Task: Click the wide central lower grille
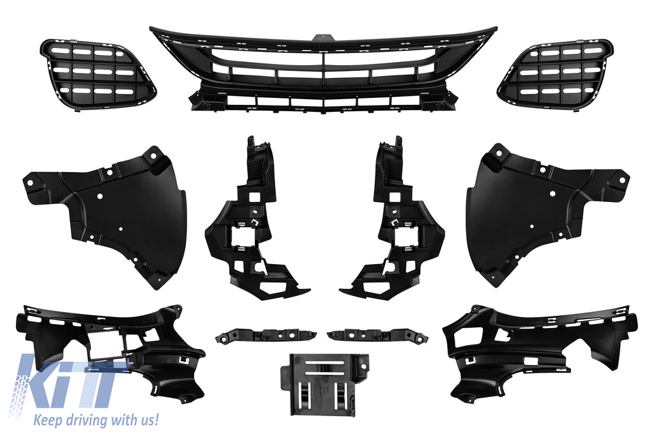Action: [x=323, y=70]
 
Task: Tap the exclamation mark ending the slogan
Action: [x=156, y=419]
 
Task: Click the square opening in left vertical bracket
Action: [x=243, y=237]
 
